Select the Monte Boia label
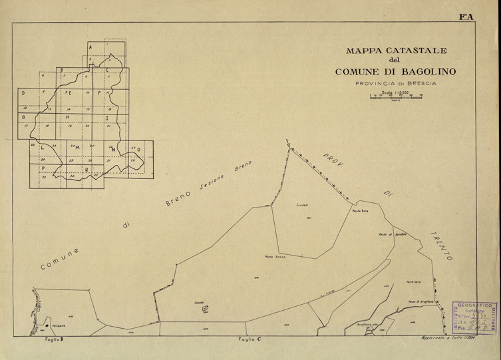[361, 212]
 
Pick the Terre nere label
[414, 282]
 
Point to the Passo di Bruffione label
[420, 303]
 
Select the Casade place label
[198, 301]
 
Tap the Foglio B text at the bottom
[53, 341]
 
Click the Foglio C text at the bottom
[249, 341]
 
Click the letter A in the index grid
[91, 47]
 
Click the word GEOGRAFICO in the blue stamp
[476, 303]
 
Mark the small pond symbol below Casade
[205, 307]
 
